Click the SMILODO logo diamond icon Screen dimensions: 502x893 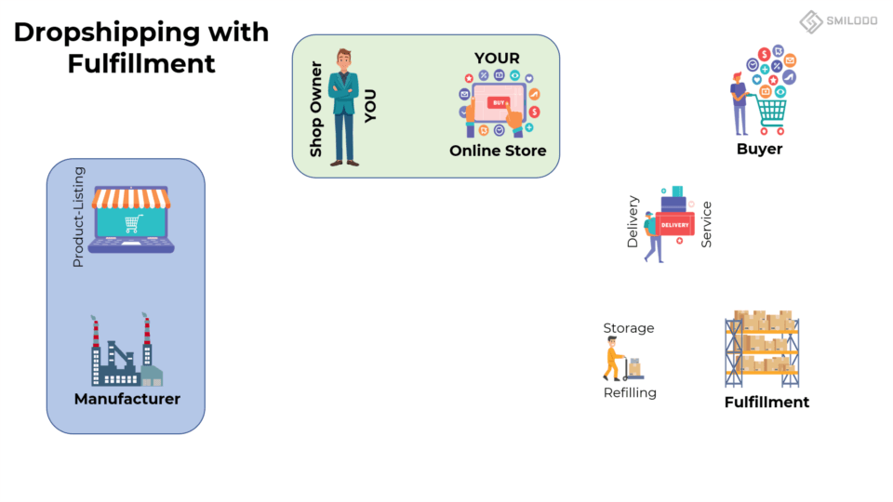[811, 21]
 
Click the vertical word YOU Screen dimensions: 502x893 [370, 106]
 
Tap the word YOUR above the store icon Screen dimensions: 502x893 [497, 59]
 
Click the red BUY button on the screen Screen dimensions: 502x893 [500, 101]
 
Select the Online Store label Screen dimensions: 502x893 [498, 151]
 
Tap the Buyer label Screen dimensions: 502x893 [759, 149]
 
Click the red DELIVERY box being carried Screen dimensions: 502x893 [674, 225]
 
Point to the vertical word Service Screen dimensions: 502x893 [707, 224]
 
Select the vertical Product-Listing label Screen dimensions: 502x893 [78, 217]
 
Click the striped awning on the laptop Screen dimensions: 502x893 [131, 197]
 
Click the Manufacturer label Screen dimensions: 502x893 [127, 399]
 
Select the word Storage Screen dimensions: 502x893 [629, 328]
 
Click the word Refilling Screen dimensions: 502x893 [630, 392]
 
